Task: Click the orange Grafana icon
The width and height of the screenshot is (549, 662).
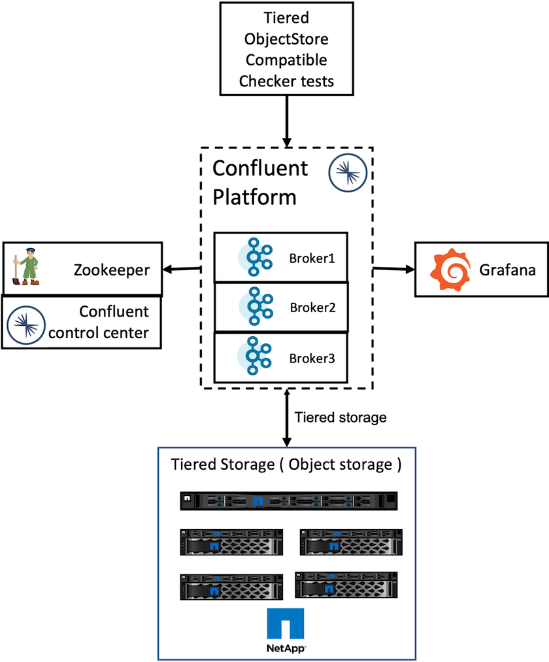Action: [x=450, y=270]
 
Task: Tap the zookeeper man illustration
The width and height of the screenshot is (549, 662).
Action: [x=27, y=267]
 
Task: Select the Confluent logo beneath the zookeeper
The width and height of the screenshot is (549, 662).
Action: [x=26, y=324]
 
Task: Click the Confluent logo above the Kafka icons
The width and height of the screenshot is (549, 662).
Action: [x=348, y=173]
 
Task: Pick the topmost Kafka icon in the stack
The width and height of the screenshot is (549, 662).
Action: [x=254, y=257]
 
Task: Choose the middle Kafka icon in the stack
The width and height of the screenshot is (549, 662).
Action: [x=254, y=306]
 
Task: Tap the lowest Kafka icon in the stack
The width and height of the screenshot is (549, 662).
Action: [x=254, y=356]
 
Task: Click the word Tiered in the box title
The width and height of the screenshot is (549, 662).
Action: [x=192, y=464]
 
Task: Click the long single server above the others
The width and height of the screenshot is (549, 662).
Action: [x=288, y=501]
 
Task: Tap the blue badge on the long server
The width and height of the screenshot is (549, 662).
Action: [x=258, y=502]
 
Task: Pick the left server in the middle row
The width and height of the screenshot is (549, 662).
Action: [x=231, y=542]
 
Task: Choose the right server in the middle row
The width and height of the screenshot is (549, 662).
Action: [x=351, y=542]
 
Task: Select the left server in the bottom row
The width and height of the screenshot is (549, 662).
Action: [x=231, y=587]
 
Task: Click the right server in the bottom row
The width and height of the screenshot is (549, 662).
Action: [x=346, y=584]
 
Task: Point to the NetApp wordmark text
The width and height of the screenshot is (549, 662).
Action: [x=286, y=648]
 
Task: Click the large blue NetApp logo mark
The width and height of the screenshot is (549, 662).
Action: [x=286, y=623]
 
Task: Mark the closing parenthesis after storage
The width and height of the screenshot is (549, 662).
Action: [x=398, y=464]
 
